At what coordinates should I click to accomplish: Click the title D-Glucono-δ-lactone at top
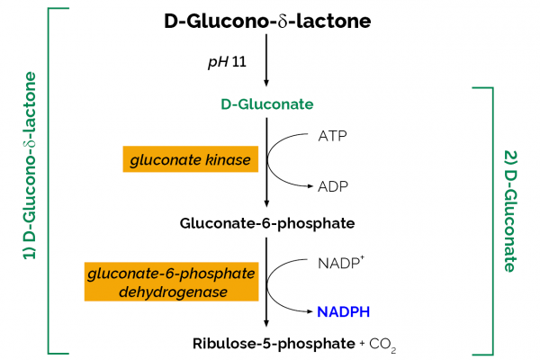[267, 21]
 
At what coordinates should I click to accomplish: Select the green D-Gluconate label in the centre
[267, 104]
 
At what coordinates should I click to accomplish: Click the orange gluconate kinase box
[192, 160]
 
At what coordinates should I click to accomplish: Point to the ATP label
[332, 137]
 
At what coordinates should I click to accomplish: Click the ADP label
[332, 186]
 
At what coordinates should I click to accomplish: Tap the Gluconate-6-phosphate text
[267, 223]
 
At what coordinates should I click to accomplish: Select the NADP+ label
[337, 265]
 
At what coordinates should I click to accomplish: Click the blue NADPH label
[344, 311]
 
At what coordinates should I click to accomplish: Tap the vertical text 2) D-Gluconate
[509, 211]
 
